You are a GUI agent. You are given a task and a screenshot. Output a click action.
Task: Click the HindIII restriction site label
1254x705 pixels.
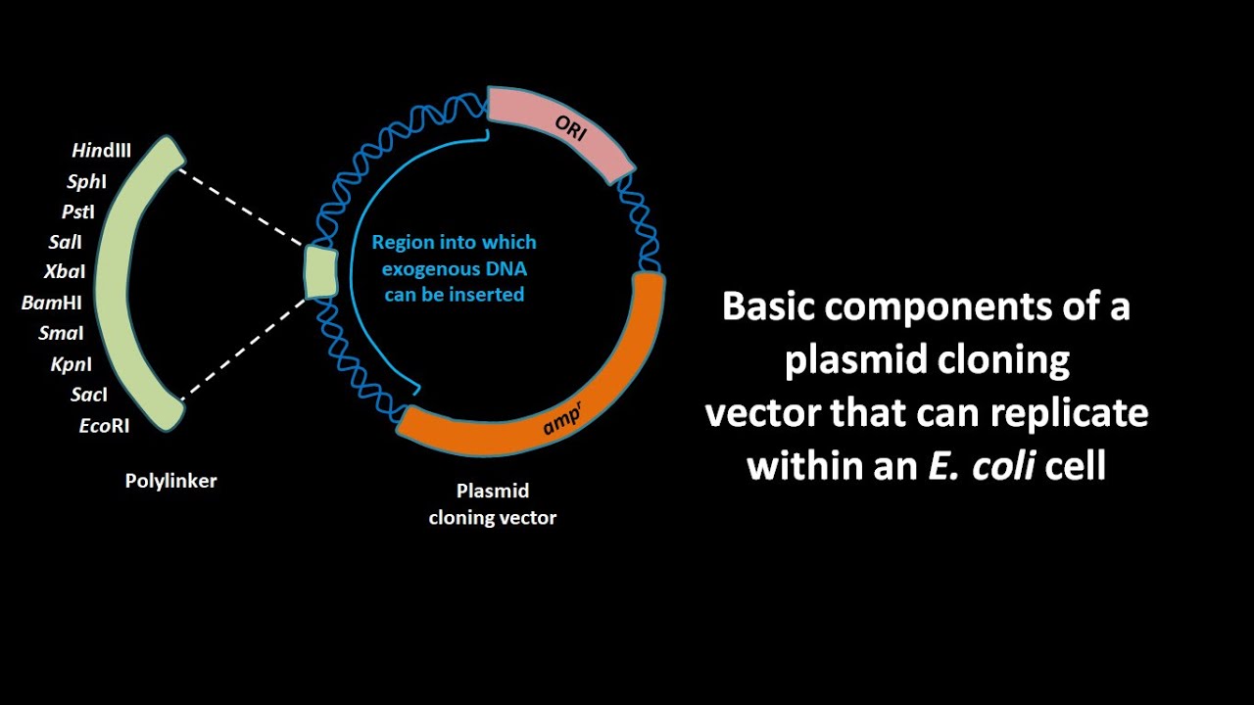[x=101, y=151]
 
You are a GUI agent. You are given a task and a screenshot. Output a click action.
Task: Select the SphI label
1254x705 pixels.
[x=86, y=181]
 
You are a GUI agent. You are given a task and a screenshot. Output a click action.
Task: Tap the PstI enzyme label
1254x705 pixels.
[x=78, y=211]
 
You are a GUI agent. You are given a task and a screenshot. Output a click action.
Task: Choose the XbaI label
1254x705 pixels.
[x=65, y=272]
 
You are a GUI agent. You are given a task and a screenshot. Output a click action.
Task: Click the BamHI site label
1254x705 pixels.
[x=51, y=303]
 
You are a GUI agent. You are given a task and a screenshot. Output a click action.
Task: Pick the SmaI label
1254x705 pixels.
[x=61, y=333]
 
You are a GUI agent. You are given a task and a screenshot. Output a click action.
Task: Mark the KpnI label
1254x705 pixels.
[x=72, y=364]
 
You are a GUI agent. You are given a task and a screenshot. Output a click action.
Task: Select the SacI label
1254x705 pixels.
[x=88, y=395]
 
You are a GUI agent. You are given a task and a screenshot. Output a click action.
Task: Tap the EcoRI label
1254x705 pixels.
[x=104, y=425]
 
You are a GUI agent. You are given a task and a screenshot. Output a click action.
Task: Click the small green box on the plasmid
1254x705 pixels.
[x=320, y=271]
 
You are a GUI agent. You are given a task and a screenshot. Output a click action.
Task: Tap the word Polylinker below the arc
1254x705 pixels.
[x=170, y=481]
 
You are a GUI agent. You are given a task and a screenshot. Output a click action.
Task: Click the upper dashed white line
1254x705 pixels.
[x=241, y=207]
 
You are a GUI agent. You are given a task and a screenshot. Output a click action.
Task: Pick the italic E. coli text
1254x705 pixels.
[x=983, y=465]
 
